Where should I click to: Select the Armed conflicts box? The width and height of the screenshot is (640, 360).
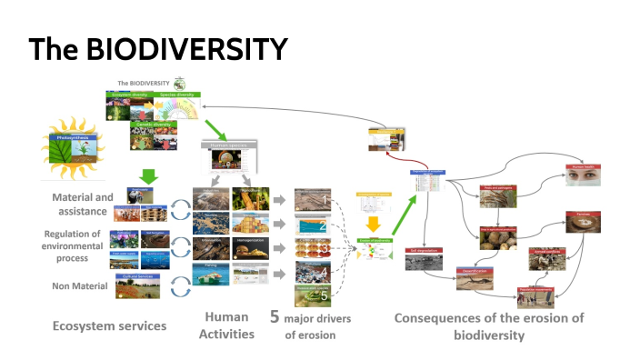click(547, 257)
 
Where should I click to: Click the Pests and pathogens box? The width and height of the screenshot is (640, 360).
click(498, 196)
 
